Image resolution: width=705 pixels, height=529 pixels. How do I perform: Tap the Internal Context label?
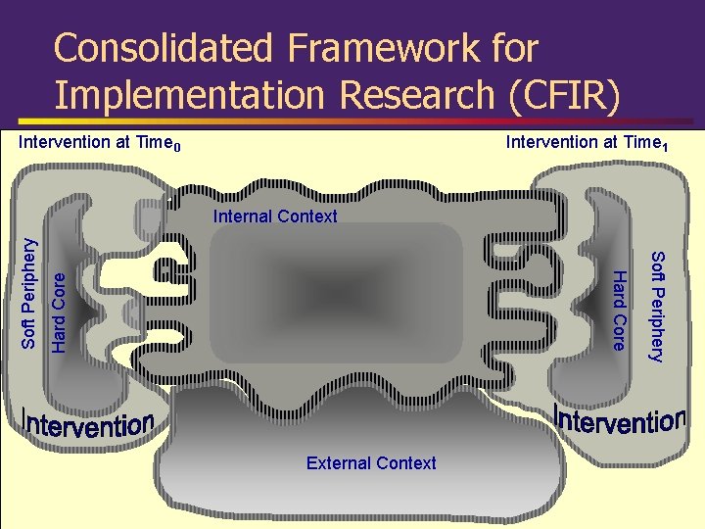(x=274, y=216)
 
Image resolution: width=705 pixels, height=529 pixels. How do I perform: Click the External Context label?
(x=371, y=463)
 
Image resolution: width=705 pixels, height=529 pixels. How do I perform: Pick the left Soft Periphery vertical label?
(x=29, y=294)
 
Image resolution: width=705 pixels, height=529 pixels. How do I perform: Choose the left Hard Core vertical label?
(x=59, y=313)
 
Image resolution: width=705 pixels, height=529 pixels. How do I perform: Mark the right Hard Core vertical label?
(x=618, y=307)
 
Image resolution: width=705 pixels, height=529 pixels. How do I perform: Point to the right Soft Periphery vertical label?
(x=658, y=306)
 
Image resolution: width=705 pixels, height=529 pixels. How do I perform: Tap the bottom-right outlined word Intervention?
(x=619, y=421)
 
